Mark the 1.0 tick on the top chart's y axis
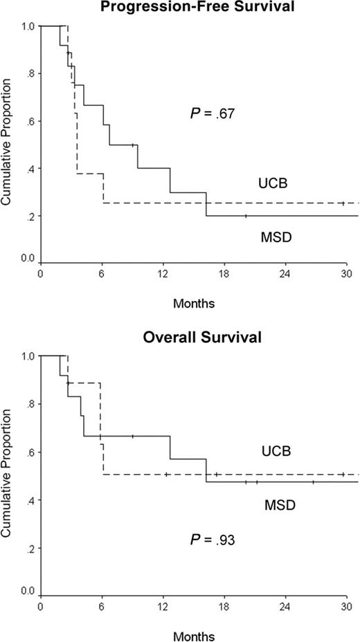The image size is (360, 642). click(x=27, y=26)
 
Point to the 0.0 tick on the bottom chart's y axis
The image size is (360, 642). click(x=27, y=592)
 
